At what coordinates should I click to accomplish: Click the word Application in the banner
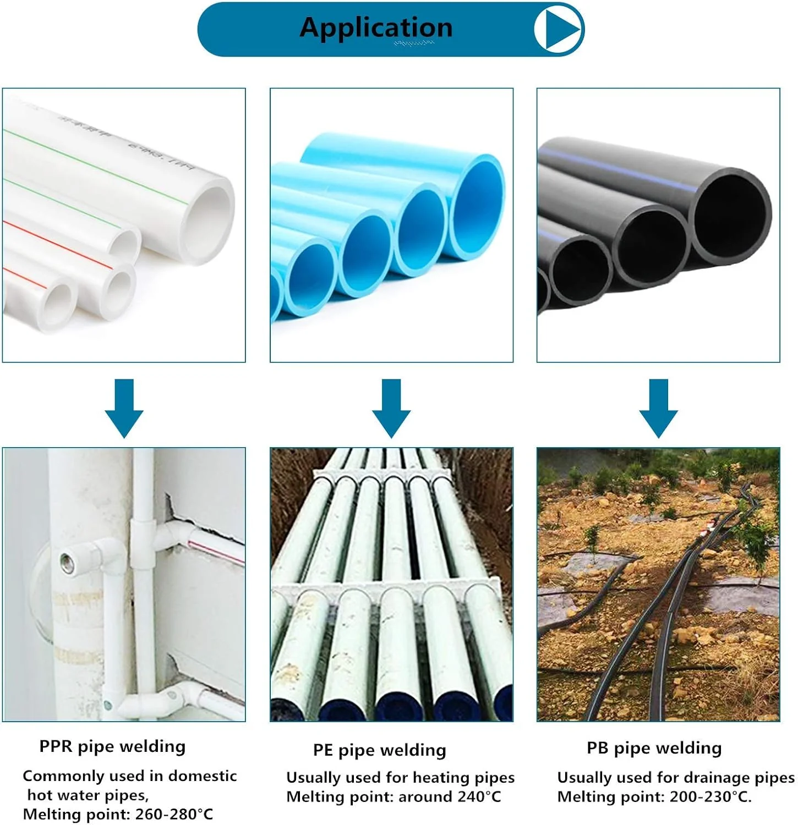[x=376, y=28]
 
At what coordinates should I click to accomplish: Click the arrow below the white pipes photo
[x=124, y=408]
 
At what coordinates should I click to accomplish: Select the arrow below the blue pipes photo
[x=391, y=408]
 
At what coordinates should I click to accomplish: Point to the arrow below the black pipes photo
[x=659, y=408]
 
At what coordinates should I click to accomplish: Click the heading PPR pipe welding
[x=112, y=746]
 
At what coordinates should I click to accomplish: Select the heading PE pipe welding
[x=379, y=750]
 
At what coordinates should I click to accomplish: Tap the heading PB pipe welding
[x=654, y=748]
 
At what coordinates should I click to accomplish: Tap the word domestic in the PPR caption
[x=203, y=776]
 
